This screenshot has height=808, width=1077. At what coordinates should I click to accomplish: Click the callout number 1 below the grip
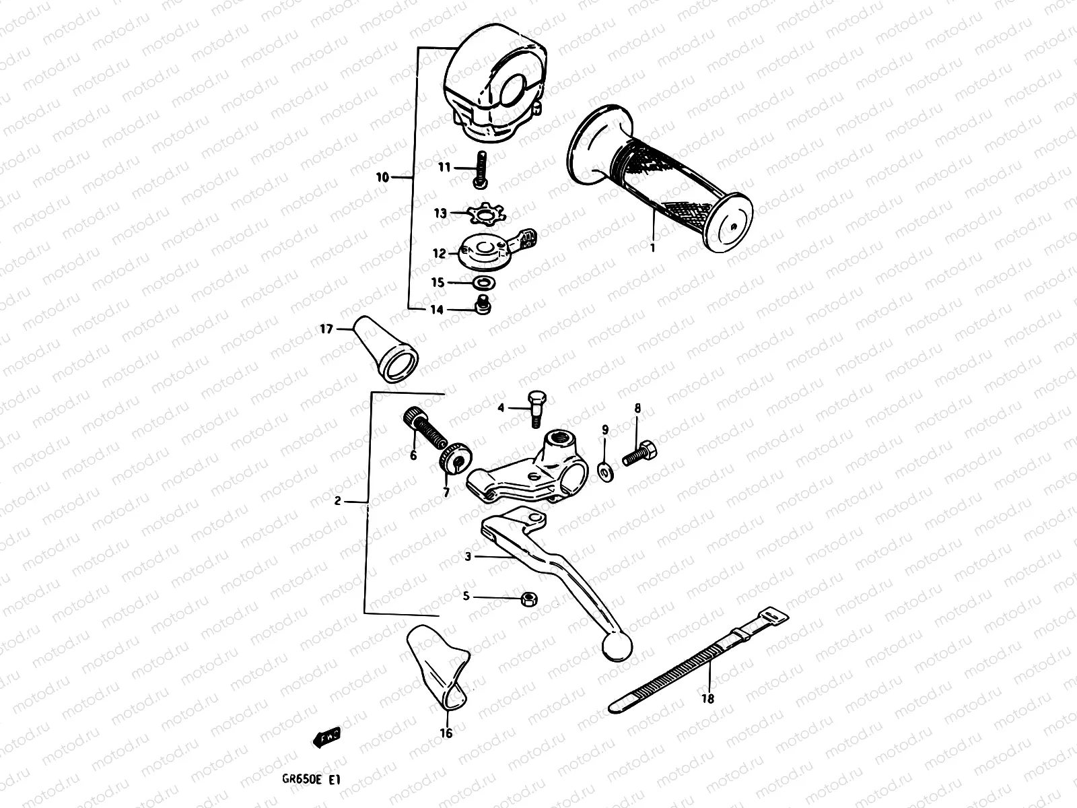pyautogui.click(x=652, y=248)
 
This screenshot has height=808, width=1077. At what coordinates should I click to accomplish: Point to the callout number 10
pyautogui.click(x=382, y=178)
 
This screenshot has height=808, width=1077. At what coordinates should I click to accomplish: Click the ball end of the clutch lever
pyautogui.click(x=617, y=646)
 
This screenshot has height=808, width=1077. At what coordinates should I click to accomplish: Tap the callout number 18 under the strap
pyautogui.click(x=707, y=699)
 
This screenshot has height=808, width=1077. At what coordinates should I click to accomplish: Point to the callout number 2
pyautogui.click(x=339, y=501)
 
